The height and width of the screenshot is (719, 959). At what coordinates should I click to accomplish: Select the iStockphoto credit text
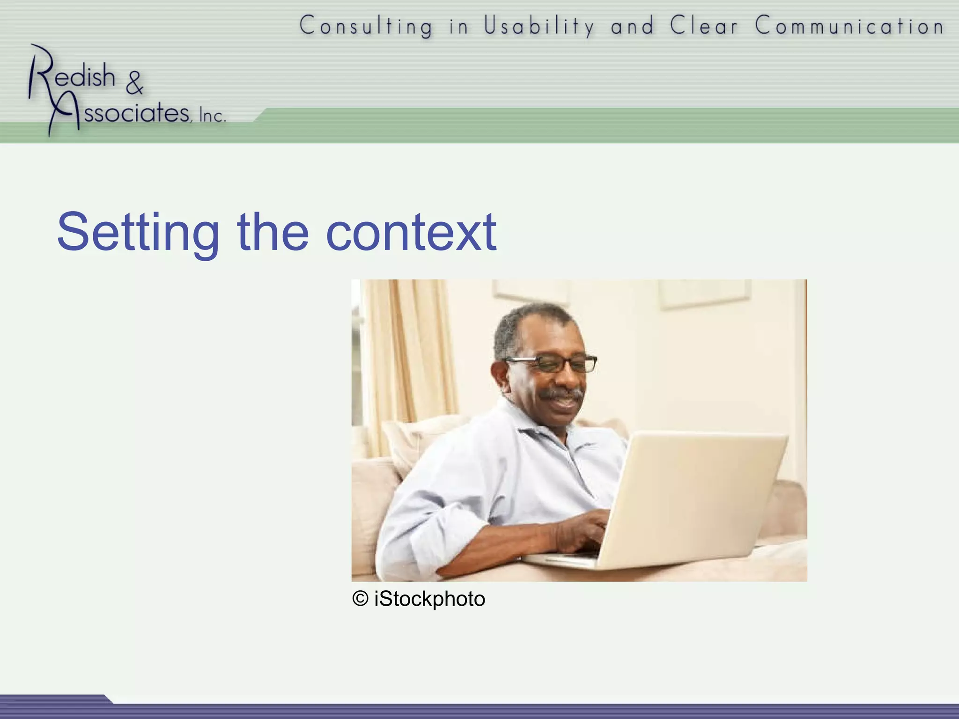(429, 599)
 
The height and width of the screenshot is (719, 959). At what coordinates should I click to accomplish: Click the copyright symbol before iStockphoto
(360, 599)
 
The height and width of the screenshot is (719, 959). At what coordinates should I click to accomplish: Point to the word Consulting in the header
(366, 26)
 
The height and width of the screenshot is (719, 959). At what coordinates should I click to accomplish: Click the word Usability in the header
(539, 26)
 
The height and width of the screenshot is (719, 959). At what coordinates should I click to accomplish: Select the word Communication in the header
(849, 26)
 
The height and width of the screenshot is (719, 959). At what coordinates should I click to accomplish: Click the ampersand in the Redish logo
(134, 83)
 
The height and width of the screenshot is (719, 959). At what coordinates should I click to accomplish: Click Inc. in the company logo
(212, 116)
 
